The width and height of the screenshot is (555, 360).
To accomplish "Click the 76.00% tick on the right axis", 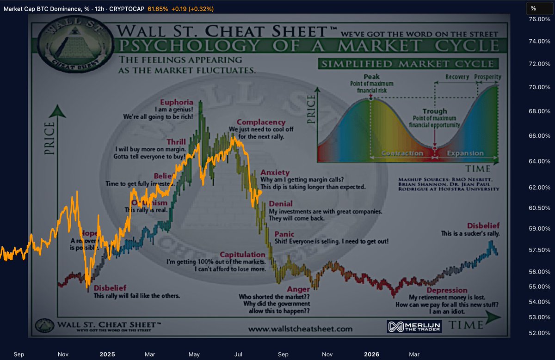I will coord(539,19).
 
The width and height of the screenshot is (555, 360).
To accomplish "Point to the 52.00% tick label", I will coord(539,333).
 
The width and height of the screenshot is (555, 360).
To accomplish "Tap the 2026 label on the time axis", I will coord(371,354).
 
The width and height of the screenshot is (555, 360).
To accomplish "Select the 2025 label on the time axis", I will coord(107,354).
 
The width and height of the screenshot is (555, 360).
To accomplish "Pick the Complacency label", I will coord(261,122).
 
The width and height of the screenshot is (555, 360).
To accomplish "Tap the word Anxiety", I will coord(275,172).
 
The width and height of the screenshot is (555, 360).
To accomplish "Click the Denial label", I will coord(280,204).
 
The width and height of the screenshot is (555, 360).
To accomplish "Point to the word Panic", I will coord(284,234).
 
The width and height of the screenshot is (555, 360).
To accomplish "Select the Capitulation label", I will coord(242,255).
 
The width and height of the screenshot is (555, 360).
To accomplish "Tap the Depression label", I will coord(447,290).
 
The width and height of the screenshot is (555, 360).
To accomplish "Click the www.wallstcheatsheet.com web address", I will coord(300,329).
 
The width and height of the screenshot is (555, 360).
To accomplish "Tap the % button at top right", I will coord(533,8).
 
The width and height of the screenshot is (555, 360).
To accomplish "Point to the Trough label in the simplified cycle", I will coord(434,111).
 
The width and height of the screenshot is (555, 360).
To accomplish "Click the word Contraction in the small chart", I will coord(402,153).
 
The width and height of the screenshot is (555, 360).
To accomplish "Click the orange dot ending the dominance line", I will coord(260,192).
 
